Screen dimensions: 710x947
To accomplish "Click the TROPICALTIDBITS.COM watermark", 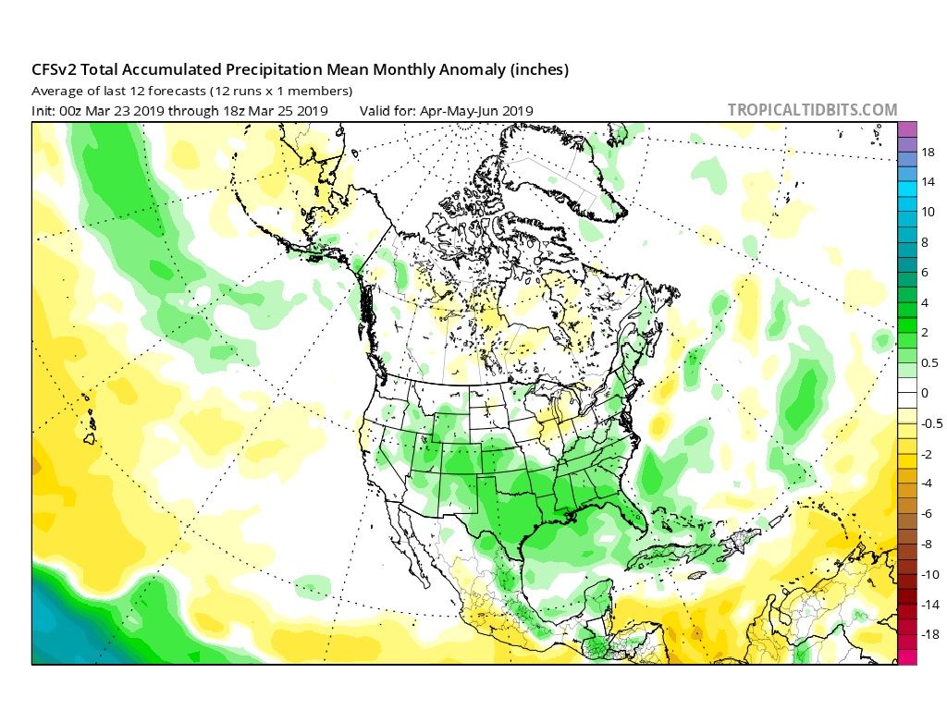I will click(812, 110).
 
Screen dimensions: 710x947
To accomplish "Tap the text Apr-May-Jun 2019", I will click(476, 111).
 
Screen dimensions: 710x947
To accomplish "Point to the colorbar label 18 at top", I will click(929, 152).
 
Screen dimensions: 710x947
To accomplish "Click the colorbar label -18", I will click(930, 634).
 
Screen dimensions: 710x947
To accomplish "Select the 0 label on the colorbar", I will click(924, 393).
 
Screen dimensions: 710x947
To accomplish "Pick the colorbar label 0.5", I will click(929, 362).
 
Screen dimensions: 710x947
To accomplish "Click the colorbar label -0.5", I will click(930, 423).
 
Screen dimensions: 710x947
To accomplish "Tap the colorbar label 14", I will click(929, 182).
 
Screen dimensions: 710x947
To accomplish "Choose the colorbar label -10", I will click(930, 574).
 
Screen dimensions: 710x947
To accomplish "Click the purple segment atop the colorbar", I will click(906, 129).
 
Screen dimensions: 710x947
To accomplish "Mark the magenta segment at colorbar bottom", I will click(906, 656).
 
